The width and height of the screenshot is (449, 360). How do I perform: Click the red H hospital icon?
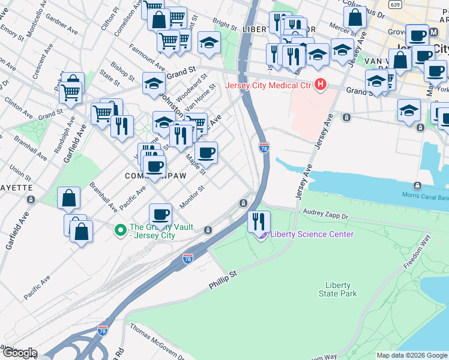321,85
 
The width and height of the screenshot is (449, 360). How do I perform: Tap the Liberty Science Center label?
312,235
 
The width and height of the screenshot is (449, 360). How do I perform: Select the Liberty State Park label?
341,289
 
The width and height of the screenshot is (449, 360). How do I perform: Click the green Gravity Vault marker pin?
120,229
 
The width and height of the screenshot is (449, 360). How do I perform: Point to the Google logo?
19,353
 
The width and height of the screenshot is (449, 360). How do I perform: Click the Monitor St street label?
192,196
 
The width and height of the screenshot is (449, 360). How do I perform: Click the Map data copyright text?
412,355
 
